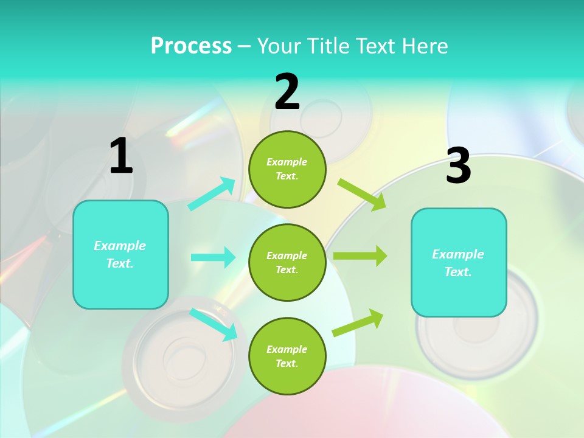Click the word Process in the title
(191, 46)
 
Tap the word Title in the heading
(329, 46)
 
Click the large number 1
(121, 156)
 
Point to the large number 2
(287, 92)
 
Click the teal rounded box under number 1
(120, 286)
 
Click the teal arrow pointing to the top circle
(212, 194)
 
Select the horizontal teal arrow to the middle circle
(213, 257)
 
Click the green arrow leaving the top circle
(362, 195)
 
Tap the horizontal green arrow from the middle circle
(360, 256)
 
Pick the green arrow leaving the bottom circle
(358, 322)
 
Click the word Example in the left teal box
(120, 246)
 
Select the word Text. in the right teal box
(458, 272)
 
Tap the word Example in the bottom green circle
(287, 349)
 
